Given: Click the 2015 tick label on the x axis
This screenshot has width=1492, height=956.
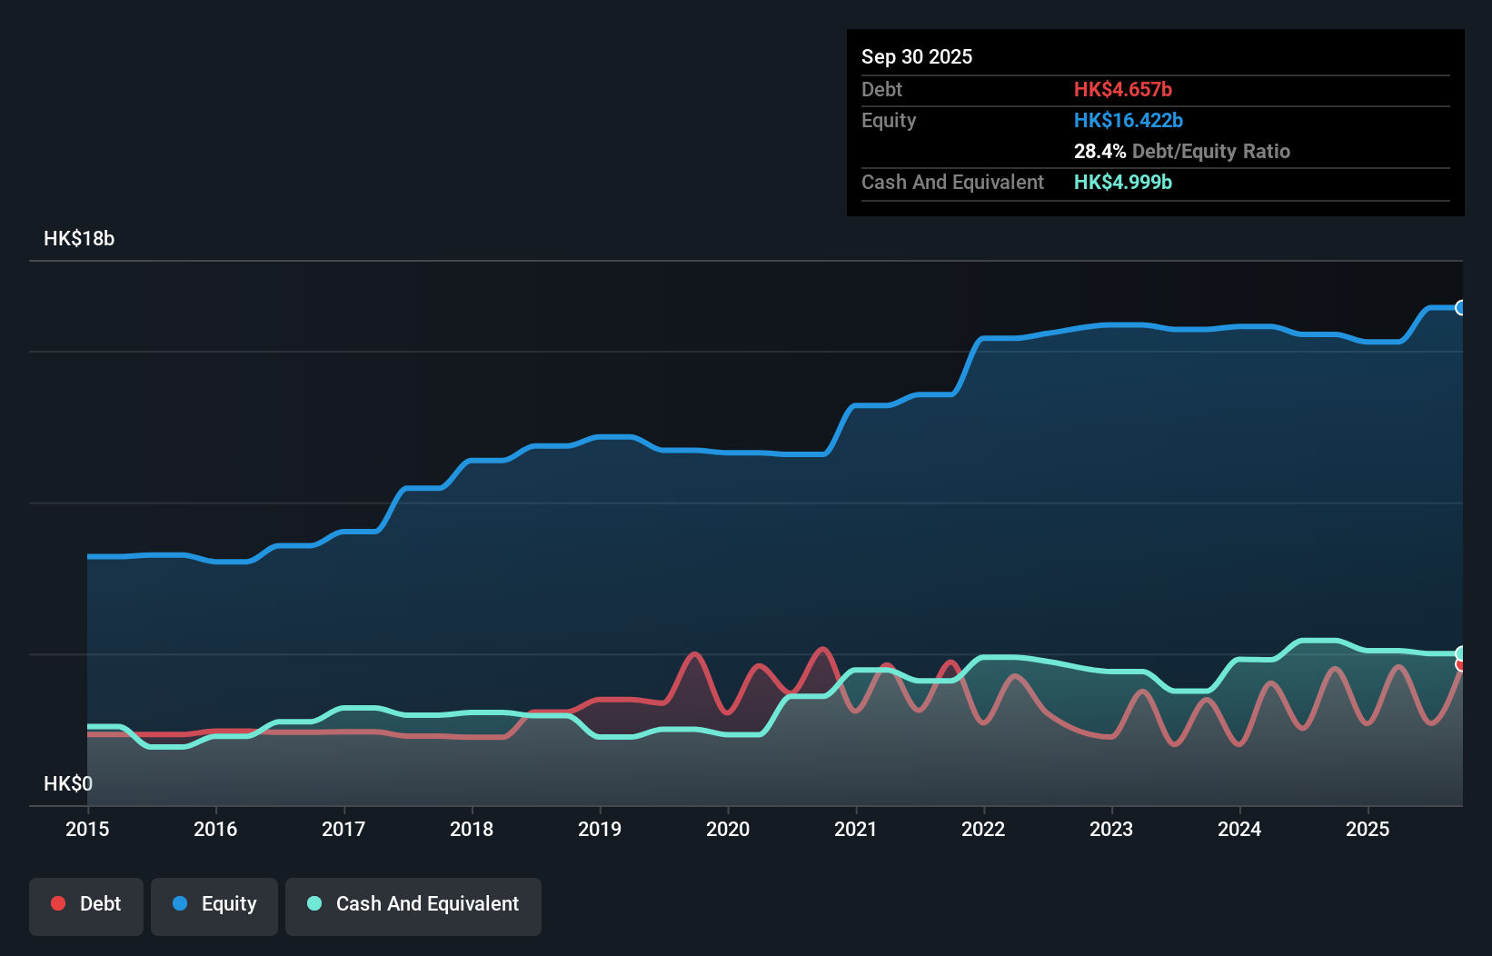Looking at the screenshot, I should coord(87,829).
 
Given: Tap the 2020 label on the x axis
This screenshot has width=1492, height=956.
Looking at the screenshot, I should coord(728,829).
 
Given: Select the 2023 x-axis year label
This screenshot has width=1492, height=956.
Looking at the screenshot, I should coord(1111,829).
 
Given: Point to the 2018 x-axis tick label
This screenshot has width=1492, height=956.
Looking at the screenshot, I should coord(472,829).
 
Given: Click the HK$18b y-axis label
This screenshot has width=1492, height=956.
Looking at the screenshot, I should coord(79,239).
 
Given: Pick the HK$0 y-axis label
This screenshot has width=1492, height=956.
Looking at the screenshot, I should coord(68,783).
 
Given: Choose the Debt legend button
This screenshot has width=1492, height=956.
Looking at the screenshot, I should coord(86,904).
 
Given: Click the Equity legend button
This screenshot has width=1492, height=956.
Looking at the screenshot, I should coord(214,904).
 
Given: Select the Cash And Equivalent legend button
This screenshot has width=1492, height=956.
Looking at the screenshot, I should coord(413,904).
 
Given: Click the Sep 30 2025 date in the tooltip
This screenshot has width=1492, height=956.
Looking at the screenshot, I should coord(917,56).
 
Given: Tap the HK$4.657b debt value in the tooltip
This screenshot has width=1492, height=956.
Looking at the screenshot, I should coord(1122,89).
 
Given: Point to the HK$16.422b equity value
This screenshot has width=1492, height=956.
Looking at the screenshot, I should coord(1128,120).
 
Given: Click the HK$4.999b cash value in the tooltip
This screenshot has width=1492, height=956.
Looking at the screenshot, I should coord(1122,182).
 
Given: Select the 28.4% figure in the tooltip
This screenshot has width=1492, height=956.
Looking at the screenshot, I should coord(1099,151).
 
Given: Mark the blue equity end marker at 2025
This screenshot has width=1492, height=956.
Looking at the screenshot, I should coord(1461,308).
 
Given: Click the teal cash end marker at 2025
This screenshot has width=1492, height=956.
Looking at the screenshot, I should coord(1461,653).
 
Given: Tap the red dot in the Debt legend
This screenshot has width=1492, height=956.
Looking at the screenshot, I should coord(58,903).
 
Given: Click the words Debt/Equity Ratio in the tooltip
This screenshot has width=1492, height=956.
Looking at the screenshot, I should coord(1211,151).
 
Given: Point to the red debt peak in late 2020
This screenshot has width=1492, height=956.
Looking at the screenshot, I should coord(823,649).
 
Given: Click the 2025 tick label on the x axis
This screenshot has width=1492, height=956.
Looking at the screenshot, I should coord(1368,829).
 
